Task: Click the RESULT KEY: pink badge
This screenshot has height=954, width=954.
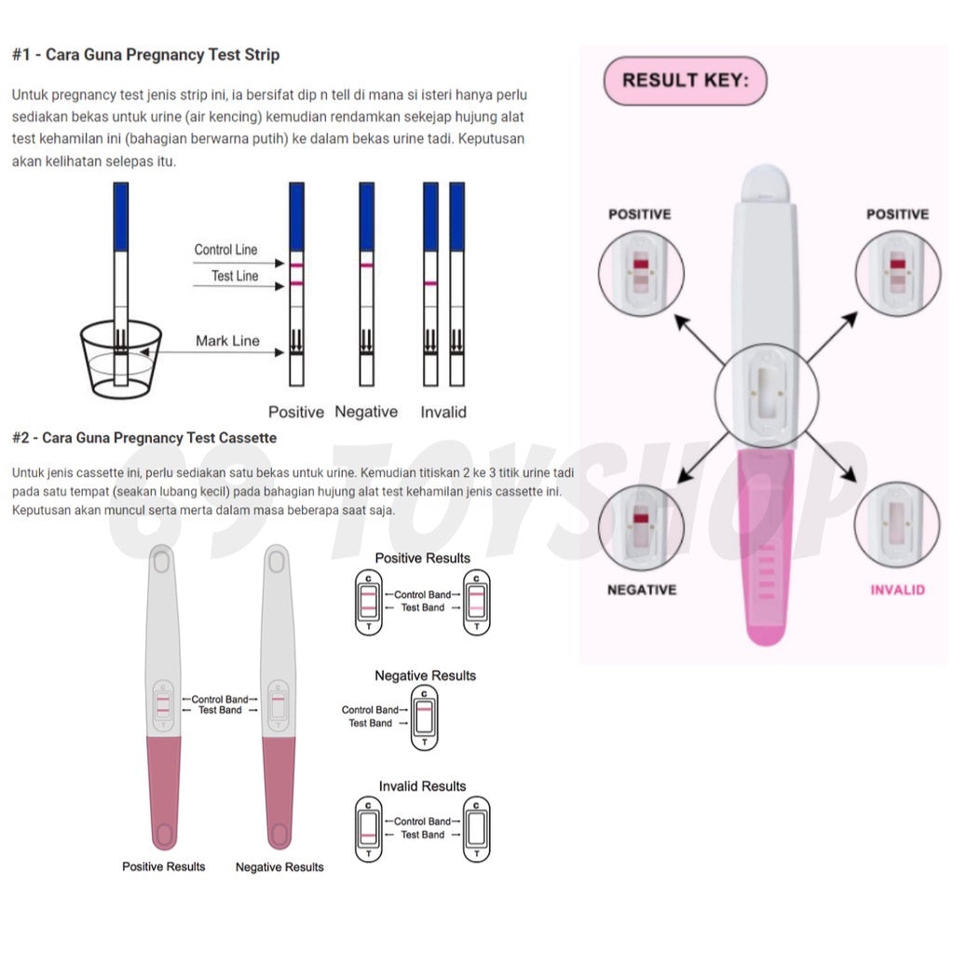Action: pyautogui.click(x=685, y=81)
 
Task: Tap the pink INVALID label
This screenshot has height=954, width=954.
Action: pyautogui.click(x=897, y=590)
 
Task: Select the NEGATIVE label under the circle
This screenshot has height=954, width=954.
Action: pyautogui.click(x=642, y=590)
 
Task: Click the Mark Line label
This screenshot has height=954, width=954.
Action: pyautogui.click(x=227, y=341)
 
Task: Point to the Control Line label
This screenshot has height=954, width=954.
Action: pyautogui.click(x=225, y=250)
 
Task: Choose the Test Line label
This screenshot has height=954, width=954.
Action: pyautogui.click(x=235, y=276)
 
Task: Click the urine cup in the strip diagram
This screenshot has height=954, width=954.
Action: pyautogui.click(x=121, y=359)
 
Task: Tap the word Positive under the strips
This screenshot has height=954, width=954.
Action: pyautogui.click(x=296, y=412)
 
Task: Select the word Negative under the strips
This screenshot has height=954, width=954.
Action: pyautogui.click(x=366, y=412)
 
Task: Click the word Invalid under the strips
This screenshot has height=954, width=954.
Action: pyautogui.click(x=443, y=412)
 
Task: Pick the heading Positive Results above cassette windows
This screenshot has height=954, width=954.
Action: pyautogui.click(x=423, y=558)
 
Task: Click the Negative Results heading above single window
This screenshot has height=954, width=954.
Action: pyautogui.click(x=425, y=675)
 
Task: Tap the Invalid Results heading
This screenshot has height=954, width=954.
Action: pyautogui.click(x=422, y=786)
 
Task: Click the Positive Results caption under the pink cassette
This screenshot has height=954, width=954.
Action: pyautogui.click(x=164, y=866)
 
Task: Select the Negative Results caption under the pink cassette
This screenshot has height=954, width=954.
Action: pyautogui.click(x=279, y=867)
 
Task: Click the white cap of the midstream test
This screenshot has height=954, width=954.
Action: pyautogui.click(x=766, y=184)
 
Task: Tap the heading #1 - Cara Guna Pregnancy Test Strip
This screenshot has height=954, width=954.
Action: pyautogui.click(x=146, y=55)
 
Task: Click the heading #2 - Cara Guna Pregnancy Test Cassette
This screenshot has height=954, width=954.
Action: pyautogui.click(x=144, y=438)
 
